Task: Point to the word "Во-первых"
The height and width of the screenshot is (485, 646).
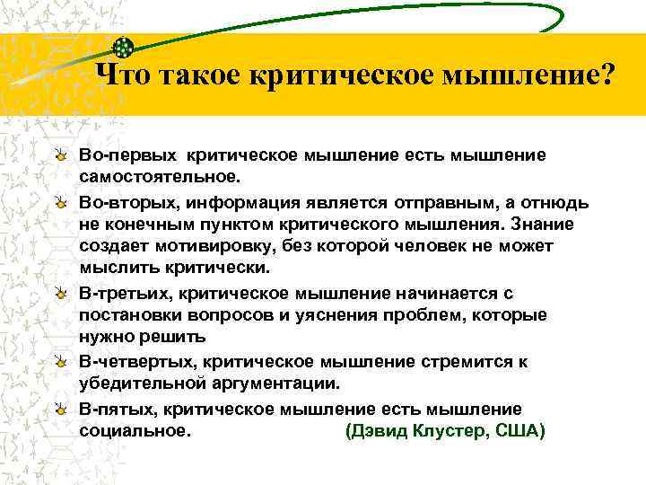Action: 125,155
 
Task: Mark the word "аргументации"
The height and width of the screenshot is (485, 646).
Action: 274,383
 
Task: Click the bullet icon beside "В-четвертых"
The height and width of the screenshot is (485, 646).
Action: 59,361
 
